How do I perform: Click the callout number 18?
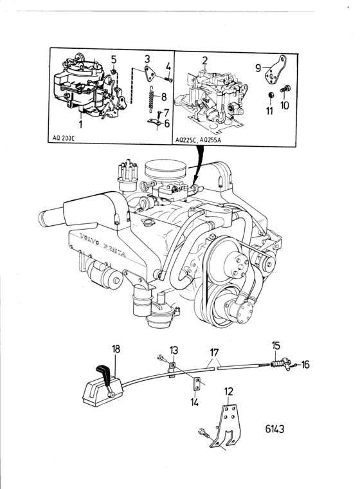(116, 349)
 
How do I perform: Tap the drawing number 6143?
(274, 429)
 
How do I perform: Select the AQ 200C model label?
(62, 138)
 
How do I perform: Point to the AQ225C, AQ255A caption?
(197, 140)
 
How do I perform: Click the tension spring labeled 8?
(152, 98)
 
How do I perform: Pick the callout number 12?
(228, 392)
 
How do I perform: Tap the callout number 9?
(258, 68)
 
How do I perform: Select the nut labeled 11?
(271, 95)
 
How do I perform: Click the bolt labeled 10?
(285, 89)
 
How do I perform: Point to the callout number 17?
(215, 353)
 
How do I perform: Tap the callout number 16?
(305, 364)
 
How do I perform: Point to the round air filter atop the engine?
(165, 170)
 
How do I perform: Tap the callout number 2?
(204, 60)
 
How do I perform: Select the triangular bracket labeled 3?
(148, 73)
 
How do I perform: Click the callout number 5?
(113, 59)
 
